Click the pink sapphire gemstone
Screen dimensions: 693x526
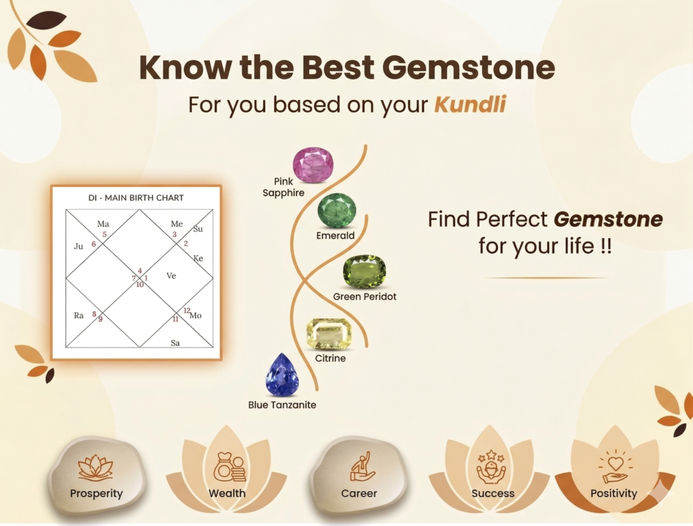coord(313,165)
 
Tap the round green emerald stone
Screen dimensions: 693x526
coord(337,210)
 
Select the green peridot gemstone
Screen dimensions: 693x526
coord(365,271)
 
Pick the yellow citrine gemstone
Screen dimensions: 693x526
coord(329,334)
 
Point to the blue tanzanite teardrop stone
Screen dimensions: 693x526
coord(282,375)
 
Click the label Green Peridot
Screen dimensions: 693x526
coord(365,297)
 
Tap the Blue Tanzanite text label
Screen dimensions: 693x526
coord(282,405)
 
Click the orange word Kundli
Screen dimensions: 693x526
coord(470,105)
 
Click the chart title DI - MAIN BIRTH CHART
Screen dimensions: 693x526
coord(136,198)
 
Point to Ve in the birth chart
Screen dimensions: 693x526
coord(171,275)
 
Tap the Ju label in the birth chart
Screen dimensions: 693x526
coord(78,246)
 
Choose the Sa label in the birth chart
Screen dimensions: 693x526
coord(175,343)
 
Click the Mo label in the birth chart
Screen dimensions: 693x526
coord(195,316)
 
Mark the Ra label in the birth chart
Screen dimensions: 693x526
coord(79,316)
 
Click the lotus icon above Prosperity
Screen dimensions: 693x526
coord(95,468)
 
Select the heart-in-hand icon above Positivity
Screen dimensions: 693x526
coord(615,467)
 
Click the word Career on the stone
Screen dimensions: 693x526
coord(359,493)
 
